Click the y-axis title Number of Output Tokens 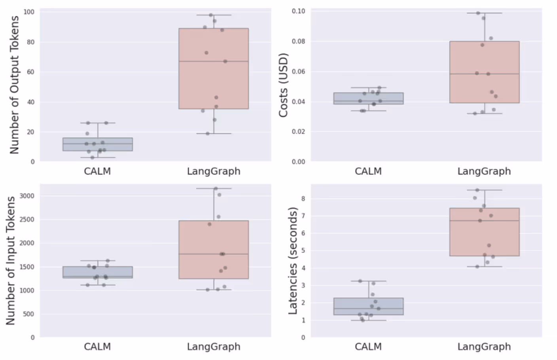(14, 85)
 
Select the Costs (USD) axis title (283, 85)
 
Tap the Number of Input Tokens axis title (11, 261)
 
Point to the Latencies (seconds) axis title (293, 261)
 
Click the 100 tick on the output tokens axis (29, 12)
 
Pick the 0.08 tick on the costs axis (298, 42)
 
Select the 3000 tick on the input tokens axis (27, 196)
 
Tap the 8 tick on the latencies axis (303, 199)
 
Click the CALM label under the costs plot (368, 171)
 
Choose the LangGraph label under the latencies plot (484, 347)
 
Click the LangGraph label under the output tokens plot (214, 171)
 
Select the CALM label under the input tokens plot (97, 347)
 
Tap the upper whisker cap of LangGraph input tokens (214, 188)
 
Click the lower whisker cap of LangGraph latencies (484, 267)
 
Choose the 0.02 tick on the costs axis (298, 132)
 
